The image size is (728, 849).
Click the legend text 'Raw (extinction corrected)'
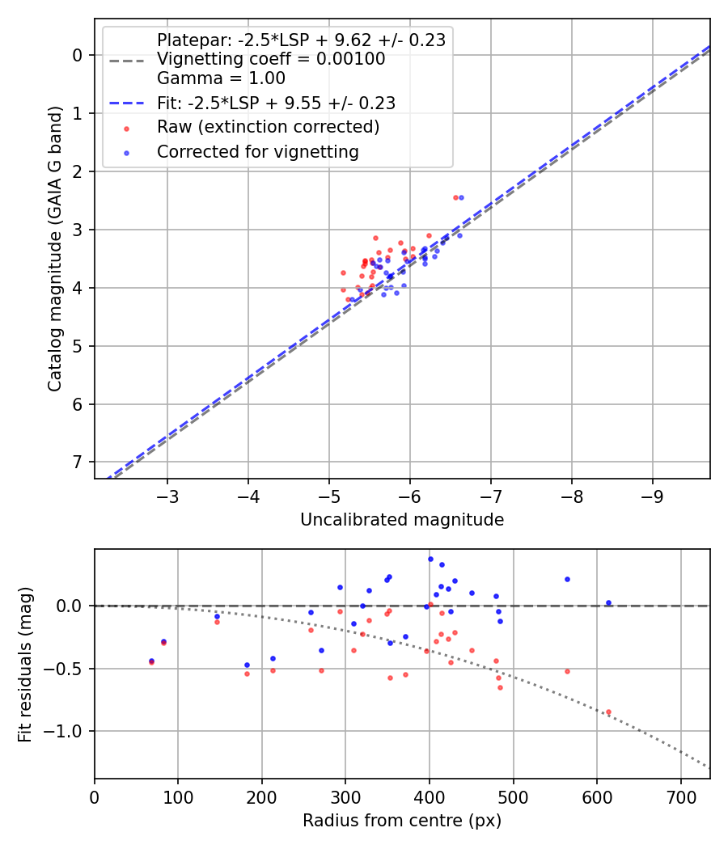pyautogui.click(x=268, y=127)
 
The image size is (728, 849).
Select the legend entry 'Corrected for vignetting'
pyautogui.click(x=258, y=151)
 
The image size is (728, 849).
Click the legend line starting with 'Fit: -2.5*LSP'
pyautogui.click(x=276, y=103)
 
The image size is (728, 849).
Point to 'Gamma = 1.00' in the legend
pyautogui.click(x=221, y=78)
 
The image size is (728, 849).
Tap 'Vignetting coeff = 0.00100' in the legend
pyautogui.click(x=271, y=59)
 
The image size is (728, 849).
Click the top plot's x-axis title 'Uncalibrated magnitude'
pyautogui.click(x=402, y=520)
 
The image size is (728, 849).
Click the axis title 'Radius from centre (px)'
pyautogui.click(x=402, y=821)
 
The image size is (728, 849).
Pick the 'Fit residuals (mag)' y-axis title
pyautogui.click(x=25, y=664)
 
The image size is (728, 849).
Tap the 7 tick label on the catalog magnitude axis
pyautogui.click(x=78, y=462)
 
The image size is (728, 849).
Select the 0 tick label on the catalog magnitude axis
pyautogui.click(x=78, y=55)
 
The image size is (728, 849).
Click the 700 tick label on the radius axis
pyautogui.click(x=680, y=796)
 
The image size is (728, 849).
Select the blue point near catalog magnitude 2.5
pyautogui.click(x=461, y=197)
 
